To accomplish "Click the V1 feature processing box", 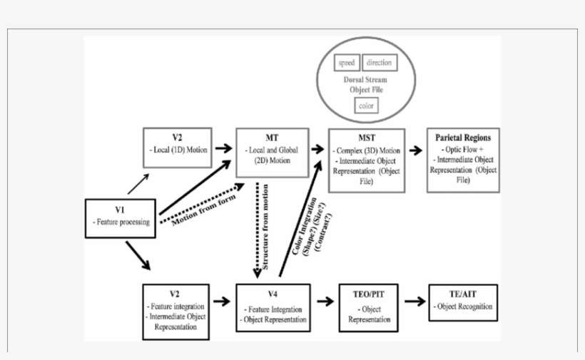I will point(121,217).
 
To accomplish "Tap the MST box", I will point(366,160).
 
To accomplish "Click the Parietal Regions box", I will point(463,160).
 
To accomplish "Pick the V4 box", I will point(274,307).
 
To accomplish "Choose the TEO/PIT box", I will point(370,307).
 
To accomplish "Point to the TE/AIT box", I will point(463,302).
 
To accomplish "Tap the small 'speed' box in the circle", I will point(347,63).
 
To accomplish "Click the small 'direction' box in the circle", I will point(379,63).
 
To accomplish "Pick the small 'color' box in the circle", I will point(365,106).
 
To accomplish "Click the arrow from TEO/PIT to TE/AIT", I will point(414,302).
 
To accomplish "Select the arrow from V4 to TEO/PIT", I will point(325,302).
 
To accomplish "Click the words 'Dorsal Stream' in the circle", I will point(365,81).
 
